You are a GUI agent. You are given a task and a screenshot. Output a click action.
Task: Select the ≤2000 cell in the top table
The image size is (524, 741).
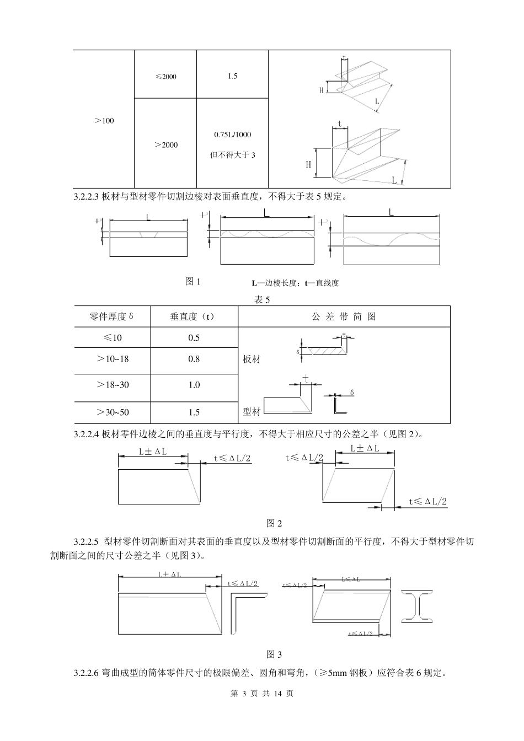(165, 76)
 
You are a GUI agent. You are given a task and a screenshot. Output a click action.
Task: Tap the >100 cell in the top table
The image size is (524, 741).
(104, 120)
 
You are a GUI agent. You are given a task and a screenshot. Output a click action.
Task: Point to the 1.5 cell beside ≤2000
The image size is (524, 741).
(232, 76)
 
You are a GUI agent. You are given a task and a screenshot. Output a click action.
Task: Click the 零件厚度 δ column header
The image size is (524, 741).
(112, 316)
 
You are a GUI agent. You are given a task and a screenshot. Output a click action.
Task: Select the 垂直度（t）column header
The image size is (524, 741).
(194, 316)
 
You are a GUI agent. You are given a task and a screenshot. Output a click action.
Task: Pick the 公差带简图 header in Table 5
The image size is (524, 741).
(344, 316)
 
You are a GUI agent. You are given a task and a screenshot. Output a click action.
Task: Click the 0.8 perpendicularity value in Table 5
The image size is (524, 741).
(194, 359)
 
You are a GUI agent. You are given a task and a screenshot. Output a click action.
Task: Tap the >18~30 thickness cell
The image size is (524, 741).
(112, 385)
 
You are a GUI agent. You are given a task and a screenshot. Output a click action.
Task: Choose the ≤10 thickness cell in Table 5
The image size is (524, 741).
(112, 337)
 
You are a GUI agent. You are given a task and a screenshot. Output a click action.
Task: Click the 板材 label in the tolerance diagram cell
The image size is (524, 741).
(252, 359)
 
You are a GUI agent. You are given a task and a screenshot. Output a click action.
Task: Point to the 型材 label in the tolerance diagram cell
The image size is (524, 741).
(252, 411)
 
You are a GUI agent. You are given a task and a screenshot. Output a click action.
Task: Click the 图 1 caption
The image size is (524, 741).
(193, 282)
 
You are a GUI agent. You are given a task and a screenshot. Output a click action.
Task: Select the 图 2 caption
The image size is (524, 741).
(274, 523)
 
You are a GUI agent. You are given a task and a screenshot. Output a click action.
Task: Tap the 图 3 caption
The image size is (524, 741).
(274, 654)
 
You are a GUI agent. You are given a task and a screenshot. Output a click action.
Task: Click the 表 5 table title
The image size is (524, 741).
(261, 300)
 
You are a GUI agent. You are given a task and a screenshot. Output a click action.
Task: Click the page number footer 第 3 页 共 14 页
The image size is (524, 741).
(261, 693)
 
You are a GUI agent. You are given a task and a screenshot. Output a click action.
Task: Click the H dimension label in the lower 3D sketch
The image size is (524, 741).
(309, 164)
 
